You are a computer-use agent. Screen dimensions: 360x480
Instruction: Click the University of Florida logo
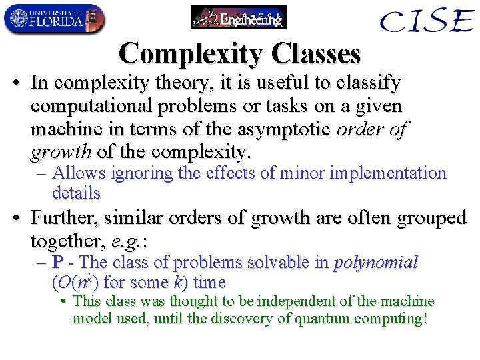point(53,19)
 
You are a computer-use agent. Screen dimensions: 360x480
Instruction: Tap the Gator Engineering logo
point(238,17)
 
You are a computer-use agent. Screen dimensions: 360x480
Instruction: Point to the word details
point(76,193)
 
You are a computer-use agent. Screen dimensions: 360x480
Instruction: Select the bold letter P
point(58,263)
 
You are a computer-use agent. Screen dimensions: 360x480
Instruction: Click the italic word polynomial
point(376,263)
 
